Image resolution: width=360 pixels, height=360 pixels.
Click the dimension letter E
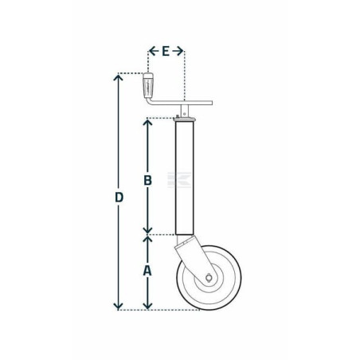point(166,51)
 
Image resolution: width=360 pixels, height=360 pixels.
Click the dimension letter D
point(119,198)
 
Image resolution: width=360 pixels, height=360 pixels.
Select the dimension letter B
point(147,180)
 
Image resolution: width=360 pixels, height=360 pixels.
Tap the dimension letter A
point(147,271)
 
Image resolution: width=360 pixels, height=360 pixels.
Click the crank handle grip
point(148,85)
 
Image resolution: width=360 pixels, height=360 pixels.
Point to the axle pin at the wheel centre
point(209,278)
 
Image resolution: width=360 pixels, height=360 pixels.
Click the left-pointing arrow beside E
point(154,51)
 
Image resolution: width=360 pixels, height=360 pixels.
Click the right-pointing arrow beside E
point(178,51)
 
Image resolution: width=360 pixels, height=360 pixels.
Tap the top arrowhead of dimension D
point(118,77)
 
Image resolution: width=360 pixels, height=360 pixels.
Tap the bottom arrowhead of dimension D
point(118,306)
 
